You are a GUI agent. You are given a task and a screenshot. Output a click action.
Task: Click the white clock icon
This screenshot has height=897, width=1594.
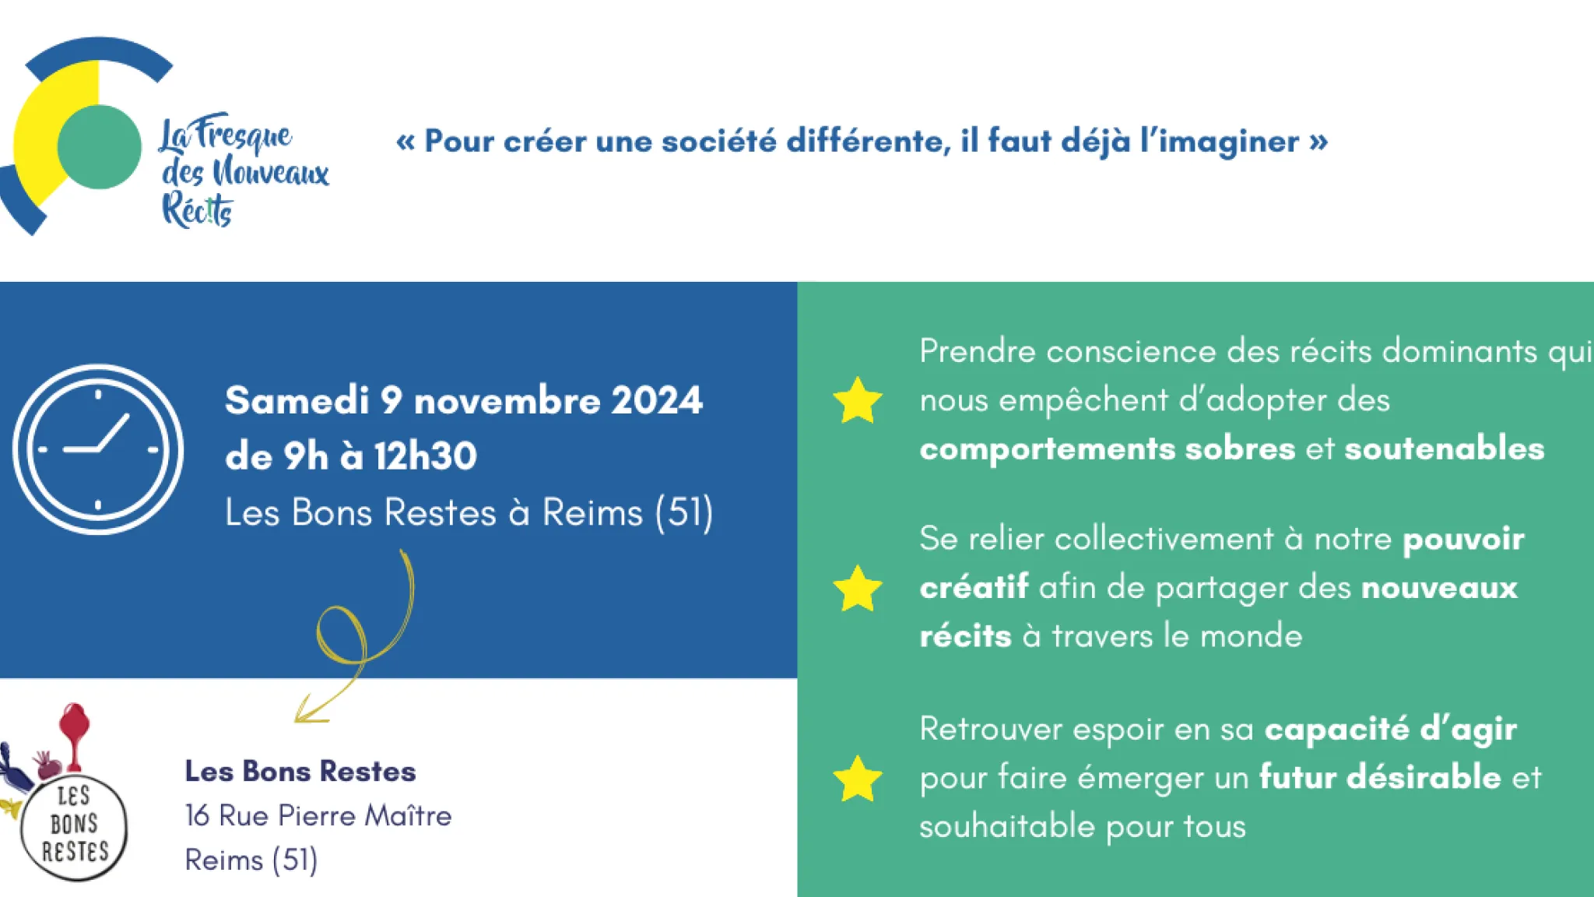pos(98,449)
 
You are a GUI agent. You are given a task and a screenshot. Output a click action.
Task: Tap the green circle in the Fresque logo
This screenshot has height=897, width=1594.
pos(100,146)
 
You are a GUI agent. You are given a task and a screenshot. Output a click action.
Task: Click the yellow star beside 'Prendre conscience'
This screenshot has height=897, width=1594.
pos(858,400)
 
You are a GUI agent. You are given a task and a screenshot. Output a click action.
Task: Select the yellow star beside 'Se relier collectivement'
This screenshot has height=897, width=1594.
pos(858,588)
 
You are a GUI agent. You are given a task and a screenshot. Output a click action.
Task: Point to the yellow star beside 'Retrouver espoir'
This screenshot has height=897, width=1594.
pos(858,779)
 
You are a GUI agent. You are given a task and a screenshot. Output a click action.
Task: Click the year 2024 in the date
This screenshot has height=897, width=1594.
pos(657,400)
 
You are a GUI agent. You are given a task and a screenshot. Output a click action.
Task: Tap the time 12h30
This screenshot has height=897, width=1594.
pos(425,456)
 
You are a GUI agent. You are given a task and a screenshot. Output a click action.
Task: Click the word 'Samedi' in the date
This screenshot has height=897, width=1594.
pos(297,400)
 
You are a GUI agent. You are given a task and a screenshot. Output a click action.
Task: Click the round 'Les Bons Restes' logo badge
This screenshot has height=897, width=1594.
pos(74,827)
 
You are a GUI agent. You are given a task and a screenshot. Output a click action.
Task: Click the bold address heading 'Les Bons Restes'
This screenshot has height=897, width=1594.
pos(300,771)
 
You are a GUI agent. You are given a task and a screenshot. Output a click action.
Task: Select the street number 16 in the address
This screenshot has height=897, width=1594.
pos(198,815)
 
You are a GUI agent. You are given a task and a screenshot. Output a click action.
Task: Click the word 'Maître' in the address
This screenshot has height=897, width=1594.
pos(408,815)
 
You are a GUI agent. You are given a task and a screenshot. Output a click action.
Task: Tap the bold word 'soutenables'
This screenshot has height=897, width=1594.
pos(1444,448)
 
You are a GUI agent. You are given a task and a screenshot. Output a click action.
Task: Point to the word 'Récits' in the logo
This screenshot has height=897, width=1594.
pos(197,210)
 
